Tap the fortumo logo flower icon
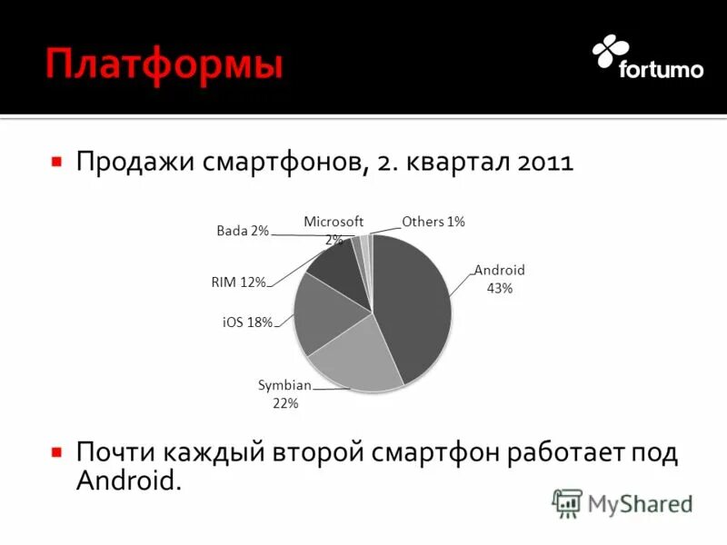point(610,52)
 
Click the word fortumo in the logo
point(661,69)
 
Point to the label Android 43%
point(499,279)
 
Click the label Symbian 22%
point(285,394)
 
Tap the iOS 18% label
point(247,322)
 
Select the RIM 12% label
point(238,282)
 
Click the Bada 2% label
point(243,231)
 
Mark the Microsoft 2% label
point(334,230)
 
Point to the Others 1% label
point(433,222)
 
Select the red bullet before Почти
point(56,451)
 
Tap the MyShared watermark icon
point(567,503)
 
